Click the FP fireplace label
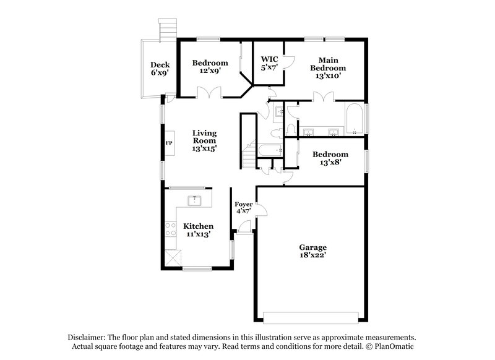[x=169, y=143]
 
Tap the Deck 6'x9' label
[x=160, y=69]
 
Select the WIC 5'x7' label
[x=269, y=63]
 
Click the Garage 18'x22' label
[x=313, y=251]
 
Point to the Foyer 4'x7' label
[x=243, y=208]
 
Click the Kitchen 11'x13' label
[x=198, y=230]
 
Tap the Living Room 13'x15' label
[x=205, y=140]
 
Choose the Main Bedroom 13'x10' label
[x=328, y=68]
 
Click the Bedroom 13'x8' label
[x=330, y=158]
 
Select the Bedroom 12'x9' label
[x=210, y=67]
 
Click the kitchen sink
[x=195, y=200]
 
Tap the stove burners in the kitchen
[x=171, y=229]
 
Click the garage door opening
[x=311, y=318]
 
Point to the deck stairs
[x=168, y=30]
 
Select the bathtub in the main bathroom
[x=354, y=119]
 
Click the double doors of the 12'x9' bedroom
[x=209, y=92]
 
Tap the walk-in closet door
[x=288, y=61]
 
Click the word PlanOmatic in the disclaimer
[x=394, y=346]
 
